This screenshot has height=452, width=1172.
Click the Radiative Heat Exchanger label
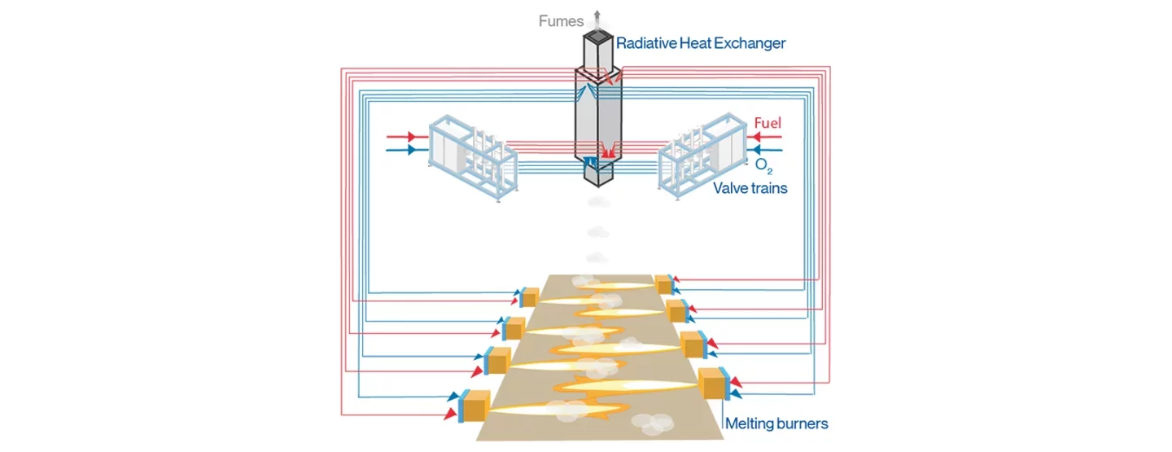701,43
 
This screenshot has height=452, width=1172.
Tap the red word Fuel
767,123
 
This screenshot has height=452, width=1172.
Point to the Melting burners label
776,423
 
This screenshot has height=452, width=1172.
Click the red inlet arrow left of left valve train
412,136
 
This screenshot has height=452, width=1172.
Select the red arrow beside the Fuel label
761,136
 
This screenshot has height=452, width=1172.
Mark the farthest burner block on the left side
531,297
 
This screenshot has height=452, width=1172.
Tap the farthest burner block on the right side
663,285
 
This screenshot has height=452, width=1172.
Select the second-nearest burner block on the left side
498,359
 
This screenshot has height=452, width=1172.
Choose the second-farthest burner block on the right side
676,310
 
